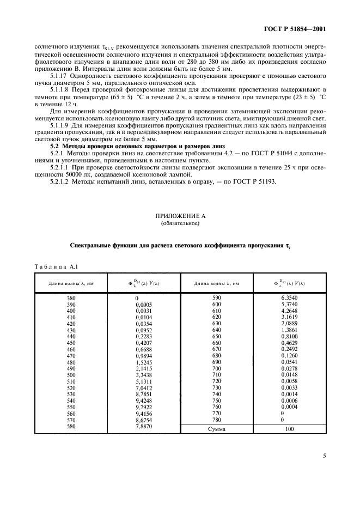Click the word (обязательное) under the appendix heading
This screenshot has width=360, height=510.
[x=180, y=223]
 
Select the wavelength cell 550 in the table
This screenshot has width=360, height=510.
[x=56, y=406]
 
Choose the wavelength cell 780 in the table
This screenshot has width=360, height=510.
[x=217, y=420]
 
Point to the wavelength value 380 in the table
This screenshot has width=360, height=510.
[x=56, y=299]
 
